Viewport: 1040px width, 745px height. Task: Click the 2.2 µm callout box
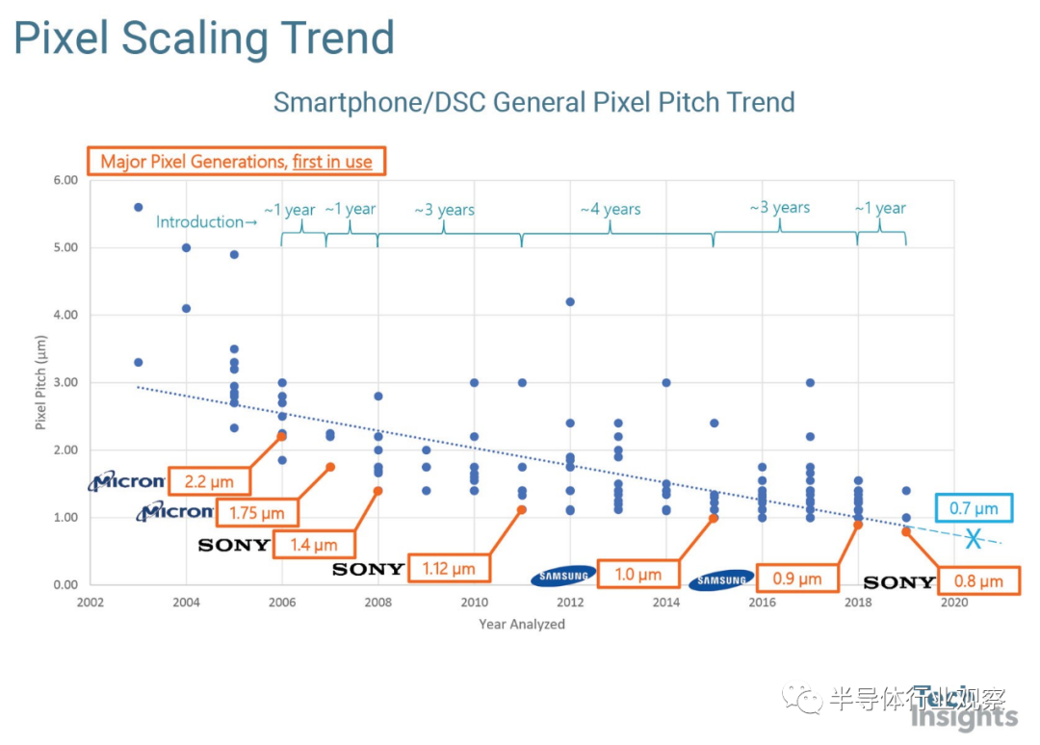(208, 479)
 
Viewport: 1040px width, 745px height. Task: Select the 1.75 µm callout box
(255, 513)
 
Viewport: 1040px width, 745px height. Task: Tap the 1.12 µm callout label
(449, 569)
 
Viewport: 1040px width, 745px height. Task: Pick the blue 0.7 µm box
(975, 507)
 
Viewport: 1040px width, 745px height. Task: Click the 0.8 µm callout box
(978, 580)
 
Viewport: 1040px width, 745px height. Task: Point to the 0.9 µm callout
(796, 578)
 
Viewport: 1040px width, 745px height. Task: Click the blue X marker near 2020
(974, 539)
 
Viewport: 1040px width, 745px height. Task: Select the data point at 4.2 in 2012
(570, 301)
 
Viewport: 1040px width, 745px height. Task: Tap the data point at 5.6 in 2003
(138, 207)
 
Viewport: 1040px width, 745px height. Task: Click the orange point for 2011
(522, 509)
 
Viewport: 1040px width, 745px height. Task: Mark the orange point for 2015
(714, 518)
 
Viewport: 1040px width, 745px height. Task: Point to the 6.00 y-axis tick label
(64, 180)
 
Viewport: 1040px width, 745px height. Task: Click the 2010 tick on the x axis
(474, 604)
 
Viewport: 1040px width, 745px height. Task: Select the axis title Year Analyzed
(522, 624)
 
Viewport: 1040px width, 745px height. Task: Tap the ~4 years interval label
(611, 209)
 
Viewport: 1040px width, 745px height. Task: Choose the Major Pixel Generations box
(237, 161)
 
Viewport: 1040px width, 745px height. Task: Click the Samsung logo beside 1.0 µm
(563, 576)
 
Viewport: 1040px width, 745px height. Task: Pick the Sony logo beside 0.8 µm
(899, 582)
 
